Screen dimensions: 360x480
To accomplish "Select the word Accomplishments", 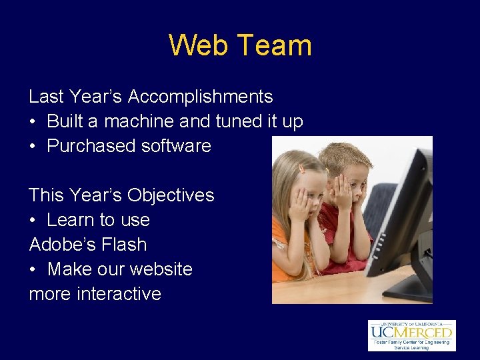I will (x=200, y=97).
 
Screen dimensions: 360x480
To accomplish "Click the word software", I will (x=178, y=146).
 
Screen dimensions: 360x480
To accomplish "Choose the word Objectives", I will (x=171, y=195).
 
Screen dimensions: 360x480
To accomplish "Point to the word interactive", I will (x=120, y=294).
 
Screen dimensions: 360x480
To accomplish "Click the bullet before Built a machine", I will (x=33, y=122).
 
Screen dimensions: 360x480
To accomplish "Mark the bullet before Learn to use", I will (x=33, y=220).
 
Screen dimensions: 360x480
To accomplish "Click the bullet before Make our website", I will (x=33, y=269).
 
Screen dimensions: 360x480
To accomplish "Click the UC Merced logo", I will (x=411, y=335).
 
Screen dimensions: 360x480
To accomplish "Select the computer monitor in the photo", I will (x=400, y=213).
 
